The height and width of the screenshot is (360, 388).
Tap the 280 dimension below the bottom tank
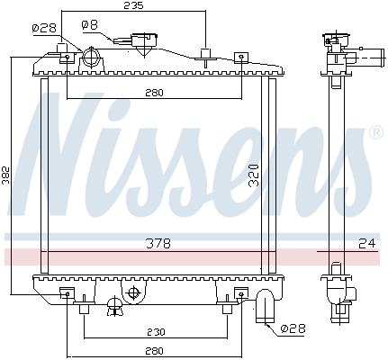(155, 350)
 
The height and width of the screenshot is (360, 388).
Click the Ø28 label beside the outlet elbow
(293, 328)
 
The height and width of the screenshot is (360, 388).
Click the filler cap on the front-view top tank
(142, 42)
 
